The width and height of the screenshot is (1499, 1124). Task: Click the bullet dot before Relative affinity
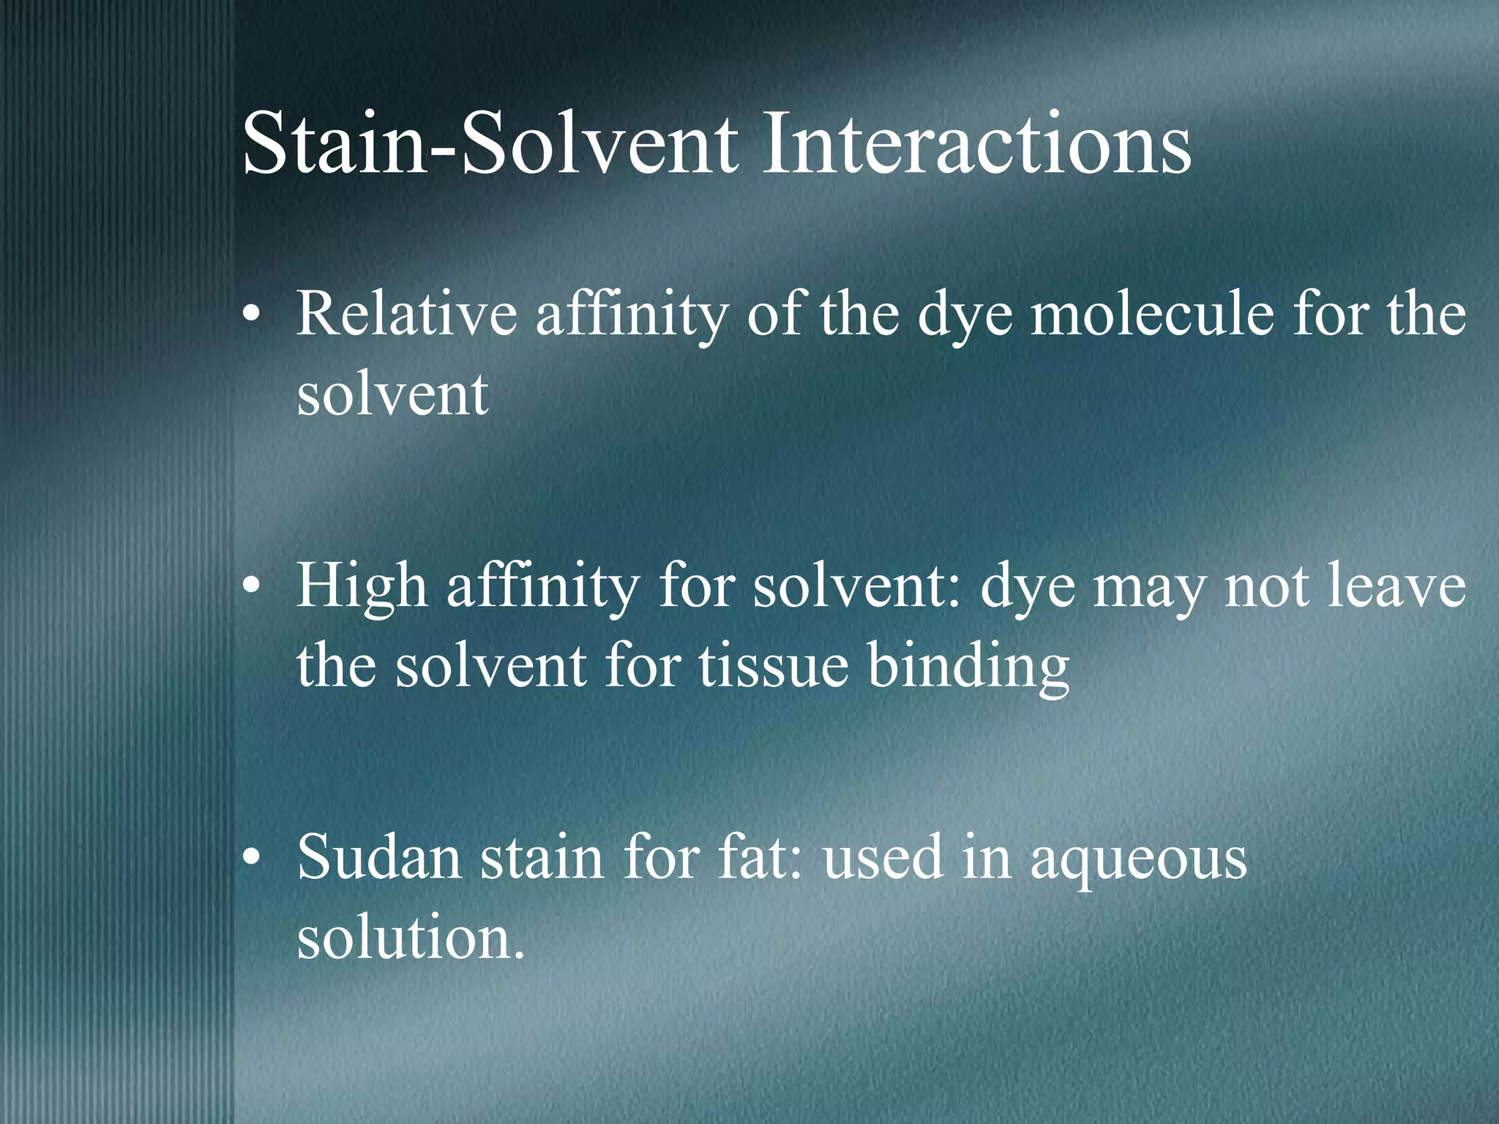[251, 315]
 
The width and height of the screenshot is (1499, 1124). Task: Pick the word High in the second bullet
[362, 586]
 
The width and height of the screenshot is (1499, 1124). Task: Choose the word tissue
[773, 666]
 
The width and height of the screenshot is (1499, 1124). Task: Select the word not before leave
[1267, 586]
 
